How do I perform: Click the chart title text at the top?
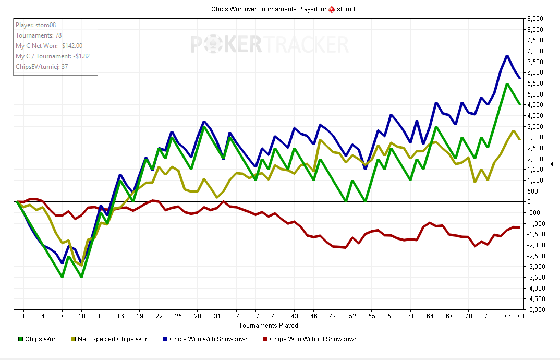click(284, 9)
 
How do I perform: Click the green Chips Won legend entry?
click(38, 339)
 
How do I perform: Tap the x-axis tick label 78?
click(520, 316)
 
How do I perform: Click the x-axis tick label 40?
click(275, 316)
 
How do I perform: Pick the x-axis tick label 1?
click(23, 316)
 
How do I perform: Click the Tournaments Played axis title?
click(269, 325)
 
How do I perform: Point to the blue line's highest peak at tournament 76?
click(507, 55)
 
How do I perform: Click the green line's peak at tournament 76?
click(507, 83)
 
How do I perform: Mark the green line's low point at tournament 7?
click(62, 277)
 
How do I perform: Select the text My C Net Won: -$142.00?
click(49, 46)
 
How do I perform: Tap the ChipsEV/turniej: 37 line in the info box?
click(42, 67)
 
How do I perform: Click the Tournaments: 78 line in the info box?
click(39, 35)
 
